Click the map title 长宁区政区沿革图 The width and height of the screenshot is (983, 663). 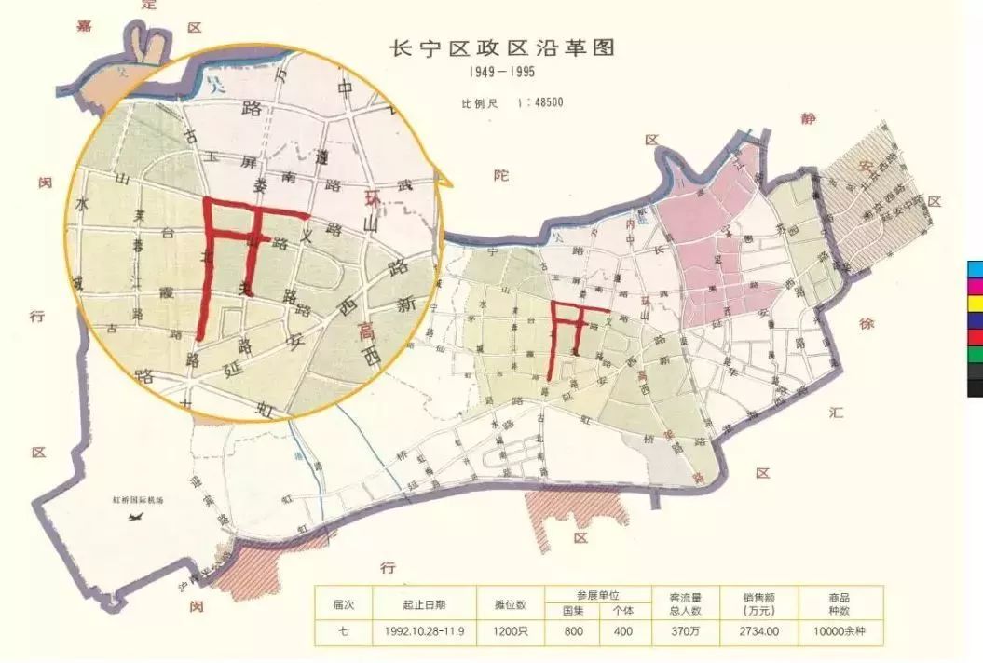click(x=501, y=48)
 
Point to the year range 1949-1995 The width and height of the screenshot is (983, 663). click(x=501, y=72)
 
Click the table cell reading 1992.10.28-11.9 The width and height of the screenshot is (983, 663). click(x=424, y=631)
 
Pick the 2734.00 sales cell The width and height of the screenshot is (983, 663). click(x=760, y=631)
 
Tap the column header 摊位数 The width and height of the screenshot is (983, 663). click(x=510, y=604)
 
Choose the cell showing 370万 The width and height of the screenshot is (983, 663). click(x=685, y=631)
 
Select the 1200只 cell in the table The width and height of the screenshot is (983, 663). click(x=510, y=631)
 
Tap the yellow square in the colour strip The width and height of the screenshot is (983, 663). click(x=975, y=304)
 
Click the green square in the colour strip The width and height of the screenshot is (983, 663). click(x=975, y=355)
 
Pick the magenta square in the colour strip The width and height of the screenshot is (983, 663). click(x=975, y=286)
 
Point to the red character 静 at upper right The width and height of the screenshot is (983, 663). click(x=807, y=119)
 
